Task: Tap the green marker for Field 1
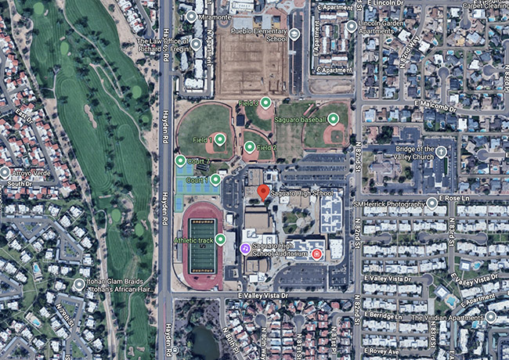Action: tap(220, 139)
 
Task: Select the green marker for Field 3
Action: tap(265, 103)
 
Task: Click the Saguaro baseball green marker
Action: tap(334, 119)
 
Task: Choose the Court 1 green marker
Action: tap(215, 180)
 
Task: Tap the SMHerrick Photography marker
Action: tap(431, 203)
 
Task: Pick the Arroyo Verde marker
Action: tap(5, 172)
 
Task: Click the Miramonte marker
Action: tap(191, 16)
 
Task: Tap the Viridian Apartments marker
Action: tap(490, 317)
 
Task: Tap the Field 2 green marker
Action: tap(249, 146)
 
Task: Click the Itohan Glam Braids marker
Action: tap(80, 285)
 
